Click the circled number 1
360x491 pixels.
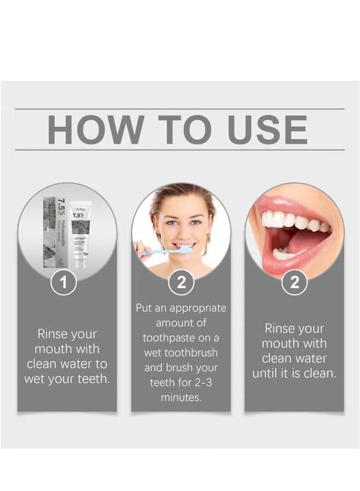coord(63,283)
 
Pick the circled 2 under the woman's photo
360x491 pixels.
coord(181,283)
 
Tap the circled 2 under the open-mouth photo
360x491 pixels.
coord(294,283)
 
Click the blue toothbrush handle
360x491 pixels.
coord(155,252)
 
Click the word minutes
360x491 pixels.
coord(181,397)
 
